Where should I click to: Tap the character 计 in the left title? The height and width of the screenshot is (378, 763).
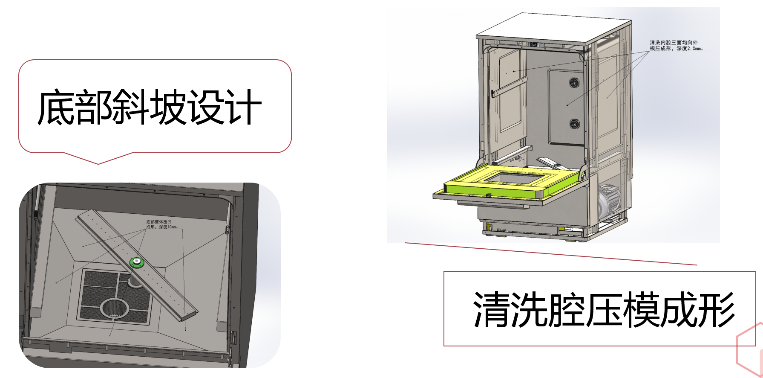click(x=244, y=107)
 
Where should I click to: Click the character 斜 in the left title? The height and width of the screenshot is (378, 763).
click(x=130, y=107)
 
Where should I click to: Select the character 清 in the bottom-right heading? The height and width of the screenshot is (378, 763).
click(x=491, y=310)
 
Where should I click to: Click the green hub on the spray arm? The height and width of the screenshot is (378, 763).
click(x=137, y=262)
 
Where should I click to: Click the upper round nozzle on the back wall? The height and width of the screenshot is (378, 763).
click(x=574, y=82)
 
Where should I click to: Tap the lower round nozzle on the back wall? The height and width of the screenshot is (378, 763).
click(x=574, y=124)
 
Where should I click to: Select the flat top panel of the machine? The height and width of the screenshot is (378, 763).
click(x=554, y=29)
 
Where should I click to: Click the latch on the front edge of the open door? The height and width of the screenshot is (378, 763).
click(x=488, y=195)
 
